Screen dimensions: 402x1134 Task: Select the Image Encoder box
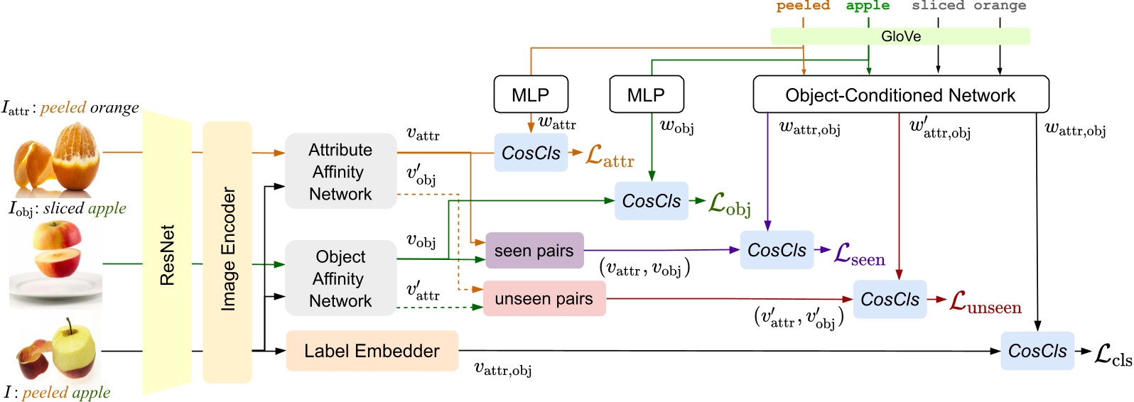pos(227,251)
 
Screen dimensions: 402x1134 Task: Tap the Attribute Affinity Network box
pos(340,171)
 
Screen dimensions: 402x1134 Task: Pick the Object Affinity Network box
pos(340,278)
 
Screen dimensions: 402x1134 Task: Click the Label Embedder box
pos(372,351)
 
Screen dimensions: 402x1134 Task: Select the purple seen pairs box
pos(534,251)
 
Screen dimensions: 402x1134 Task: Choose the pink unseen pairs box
pos(544,299)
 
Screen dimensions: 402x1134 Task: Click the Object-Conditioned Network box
pos(900,95)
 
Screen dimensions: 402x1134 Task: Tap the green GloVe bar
pos(900,36)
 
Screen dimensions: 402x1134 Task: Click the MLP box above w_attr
pos(531,94)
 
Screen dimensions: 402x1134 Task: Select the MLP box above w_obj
pos(646,94)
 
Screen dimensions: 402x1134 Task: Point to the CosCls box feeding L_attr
pos(531,153)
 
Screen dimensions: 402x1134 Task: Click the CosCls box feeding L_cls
pos(1037,351)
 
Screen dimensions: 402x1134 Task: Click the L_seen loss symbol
pos(859,254)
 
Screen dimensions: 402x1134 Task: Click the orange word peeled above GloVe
pos(803,6)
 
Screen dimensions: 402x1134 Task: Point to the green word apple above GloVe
pos(868,6)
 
